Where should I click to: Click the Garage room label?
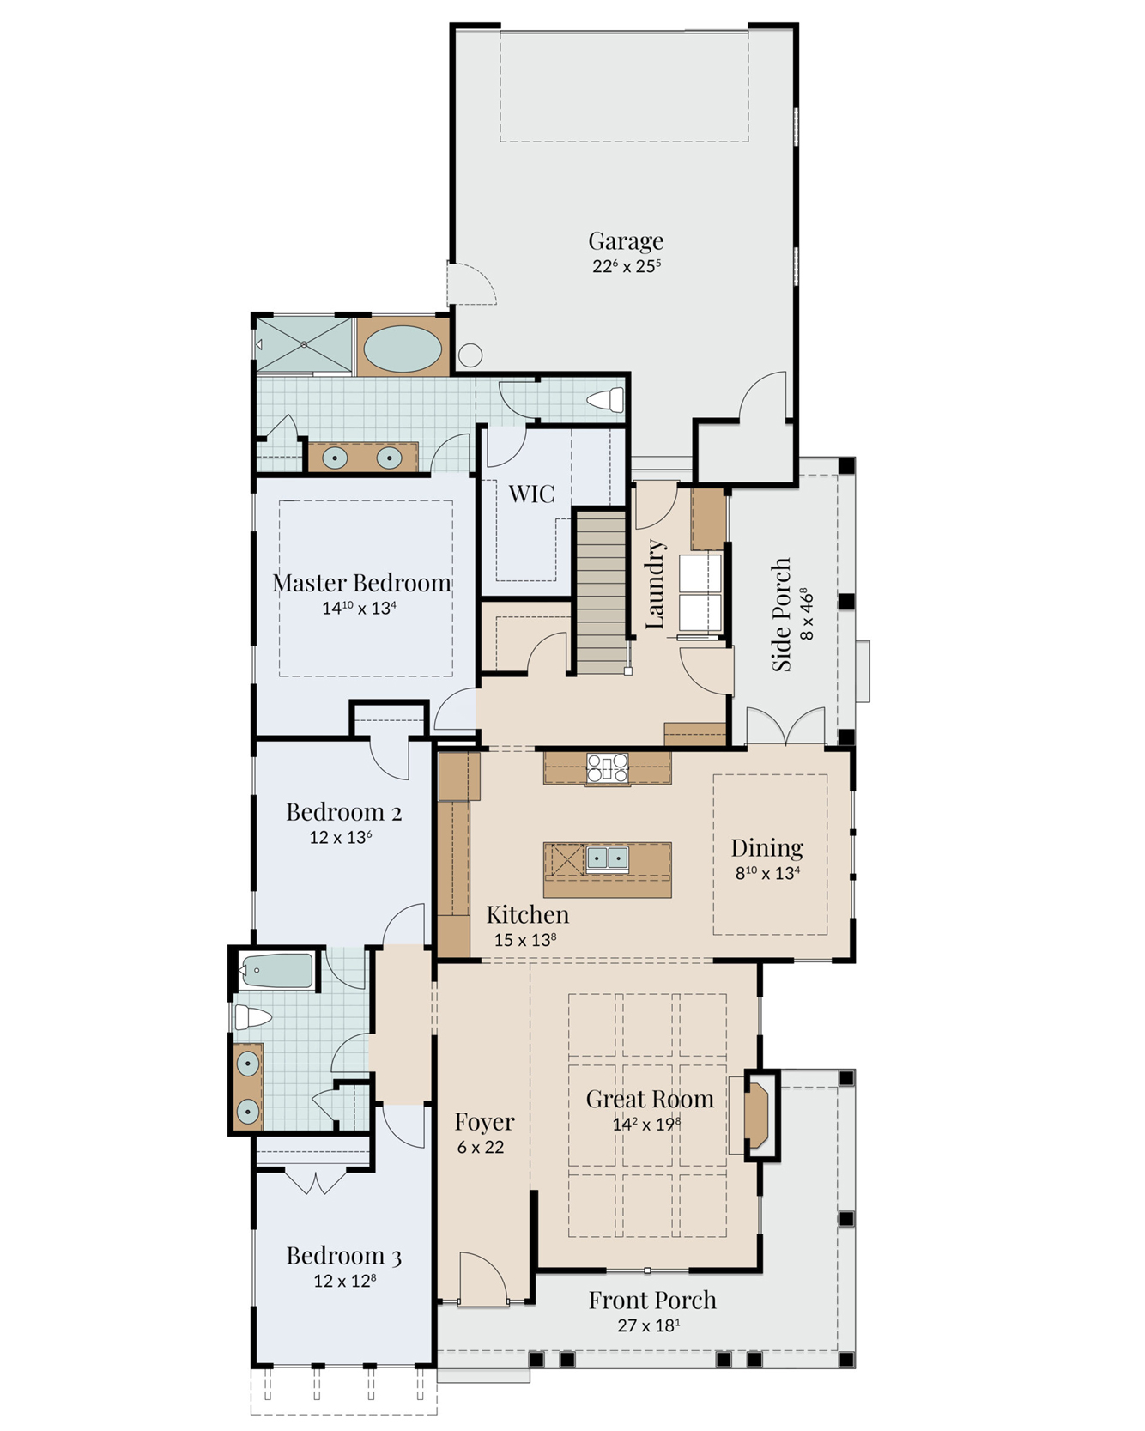[626, 241]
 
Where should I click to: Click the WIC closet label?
[531, 494]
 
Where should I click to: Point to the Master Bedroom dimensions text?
[359, 608]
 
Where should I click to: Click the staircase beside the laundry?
[600, 592]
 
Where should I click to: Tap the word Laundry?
[655, 584]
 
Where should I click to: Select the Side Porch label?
[781, 615]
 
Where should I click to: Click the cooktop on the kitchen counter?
[608, 768]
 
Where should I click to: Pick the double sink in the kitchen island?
[607, 858]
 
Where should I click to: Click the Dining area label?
[767, 848]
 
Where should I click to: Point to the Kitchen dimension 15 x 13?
[525, 940]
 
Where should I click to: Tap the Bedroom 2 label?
[343, 812]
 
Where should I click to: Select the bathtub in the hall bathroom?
[276, 972]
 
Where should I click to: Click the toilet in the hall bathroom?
[253, 1017]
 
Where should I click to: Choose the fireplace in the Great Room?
[755, 1115]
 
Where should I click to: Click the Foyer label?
[484, 1122]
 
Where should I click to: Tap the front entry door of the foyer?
[483, 1277]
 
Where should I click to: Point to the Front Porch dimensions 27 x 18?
[649, 1325]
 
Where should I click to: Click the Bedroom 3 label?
[343, 1257]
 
